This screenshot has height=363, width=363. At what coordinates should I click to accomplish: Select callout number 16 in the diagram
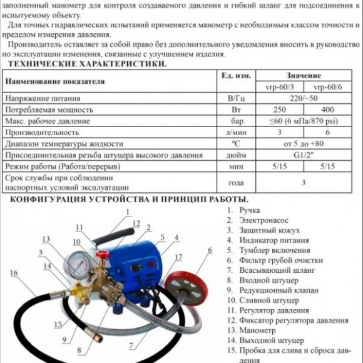(x=14, y=273)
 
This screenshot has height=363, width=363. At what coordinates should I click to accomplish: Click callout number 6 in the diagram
(x=210, y=250)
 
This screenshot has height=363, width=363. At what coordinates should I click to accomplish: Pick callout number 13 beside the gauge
(x=46, y=239)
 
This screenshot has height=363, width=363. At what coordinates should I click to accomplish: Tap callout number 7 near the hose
(x=130, y=345)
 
